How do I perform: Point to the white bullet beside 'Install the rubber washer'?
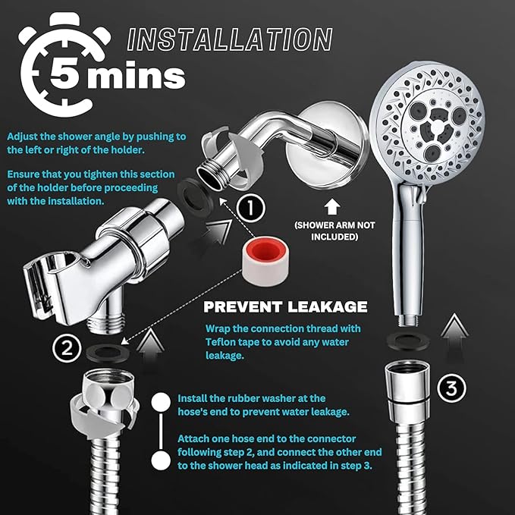(x=159, y=402)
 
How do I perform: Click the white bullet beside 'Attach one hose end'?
(x=159, y=460)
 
